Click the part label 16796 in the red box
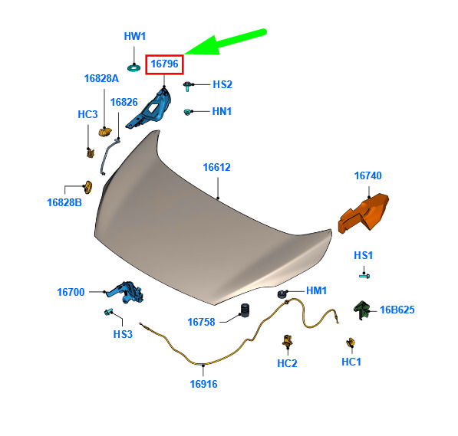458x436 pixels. coord(164,64)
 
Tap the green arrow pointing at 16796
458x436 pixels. coord(226,41)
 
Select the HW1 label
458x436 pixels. coord(135,37)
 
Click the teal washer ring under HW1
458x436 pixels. coord(133,68)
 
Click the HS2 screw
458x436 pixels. coord(187,86)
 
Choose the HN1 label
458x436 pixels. coord(222,111)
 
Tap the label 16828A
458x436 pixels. coord(101,78)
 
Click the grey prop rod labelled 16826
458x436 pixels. coord(110,157)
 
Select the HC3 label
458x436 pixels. coord(87,114)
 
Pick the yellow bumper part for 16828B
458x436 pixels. coord(88,187)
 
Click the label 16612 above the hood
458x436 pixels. coord(217,167)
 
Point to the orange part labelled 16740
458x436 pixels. coord(364,213)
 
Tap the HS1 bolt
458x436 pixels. coord(364,276)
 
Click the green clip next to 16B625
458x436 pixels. coord(361,310)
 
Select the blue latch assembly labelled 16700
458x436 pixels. coord(126,293)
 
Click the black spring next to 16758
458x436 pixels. coord(245,310)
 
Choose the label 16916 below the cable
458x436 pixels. coord(203,384)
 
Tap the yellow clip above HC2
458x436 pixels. coord(288,340)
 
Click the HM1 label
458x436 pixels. coord(316,290)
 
